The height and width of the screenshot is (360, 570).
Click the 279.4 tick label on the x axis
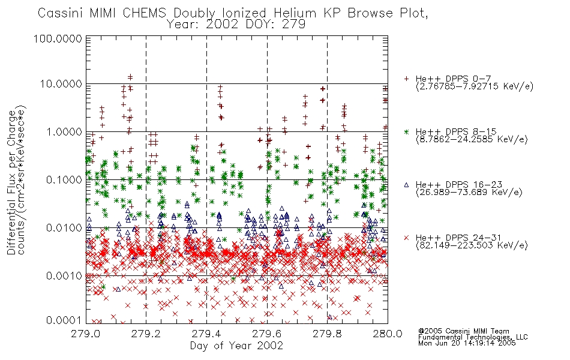(x=207, y=334)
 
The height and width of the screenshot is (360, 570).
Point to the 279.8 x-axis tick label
(x=328, y=334)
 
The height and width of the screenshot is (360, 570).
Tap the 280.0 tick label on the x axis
(x=388, y=334)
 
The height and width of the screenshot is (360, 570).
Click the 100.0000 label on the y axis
(x=58, y=38)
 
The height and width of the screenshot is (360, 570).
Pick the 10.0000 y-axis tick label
(x=61, y=84)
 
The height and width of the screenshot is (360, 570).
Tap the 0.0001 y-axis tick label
(x=64, y=320)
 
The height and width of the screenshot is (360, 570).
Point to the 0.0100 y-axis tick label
(x=64, y=228)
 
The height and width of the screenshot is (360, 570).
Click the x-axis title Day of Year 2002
(x=236, y=346)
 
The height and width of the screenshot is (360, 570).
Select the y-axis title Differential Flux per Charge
(x=12, y=182)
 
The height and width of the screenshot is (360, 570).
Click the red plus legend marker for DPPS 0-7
(x=406, y=79)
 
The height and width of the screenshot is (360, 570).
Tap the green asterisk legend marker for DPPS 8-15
(x=406, y=131)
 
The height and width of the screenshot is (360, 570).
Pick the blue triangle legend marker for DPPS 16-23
(x=406, y=185)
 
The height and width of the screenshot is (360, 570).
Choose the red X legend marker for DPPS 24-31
(x=406, y=238)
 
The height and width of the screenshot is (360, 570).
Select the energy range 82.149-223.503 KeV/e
(x=472, y=245)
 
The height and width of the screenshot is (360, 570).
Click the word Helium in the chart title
(x=295, y=13)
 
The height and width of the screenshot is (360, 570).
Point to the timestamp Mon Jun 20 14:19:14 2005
(x=467, y=343)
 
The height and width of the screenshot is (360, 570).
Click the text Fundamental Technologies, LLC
(x=473, y=337)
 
